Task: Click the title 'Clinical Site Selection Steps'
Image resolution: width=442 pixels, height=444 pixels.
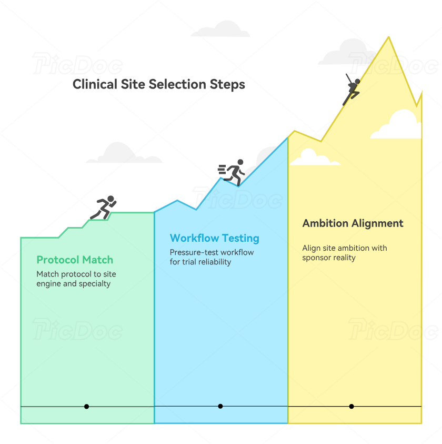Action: click(158, 84)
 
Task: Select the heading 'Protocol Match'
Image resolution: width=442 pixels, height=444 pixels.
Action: click(75, 260)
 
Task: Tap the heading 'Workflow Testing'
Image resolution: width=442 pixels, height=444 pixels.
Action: click(214, 238)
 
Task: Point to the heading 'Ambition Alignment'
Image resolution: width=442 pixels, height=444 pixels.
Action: click(353, 223)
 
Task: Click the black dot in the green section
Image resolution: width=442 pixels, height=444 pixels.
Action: click(86, 407)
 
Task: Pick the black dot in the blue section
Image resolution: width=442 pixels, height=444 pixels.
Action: click(220, 406)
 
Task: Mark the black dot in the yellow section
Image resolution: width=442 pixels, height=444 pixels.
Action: click(351, 406)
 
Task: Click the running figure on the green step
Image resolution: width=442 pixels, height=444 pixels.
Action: click(104, 208)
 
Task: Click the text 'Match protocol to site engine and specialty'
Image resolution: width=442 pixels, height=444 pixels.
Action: click(76, 279)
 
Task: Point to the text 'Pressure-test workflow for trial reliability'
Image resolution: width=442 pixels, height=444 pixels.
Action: click(212, 257)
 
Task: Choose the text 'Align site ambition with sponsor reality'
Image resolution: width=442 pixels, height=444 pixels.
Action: click(344, 253)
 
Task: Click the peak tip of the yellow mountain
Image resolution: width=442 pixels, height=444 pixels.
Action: click(389, 37)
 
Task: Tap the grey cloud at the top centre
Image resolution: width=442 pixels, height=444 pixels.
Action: click(221, 30)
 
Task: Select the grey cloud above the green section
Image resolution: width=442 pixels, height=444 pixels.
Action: click(123, 154)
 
